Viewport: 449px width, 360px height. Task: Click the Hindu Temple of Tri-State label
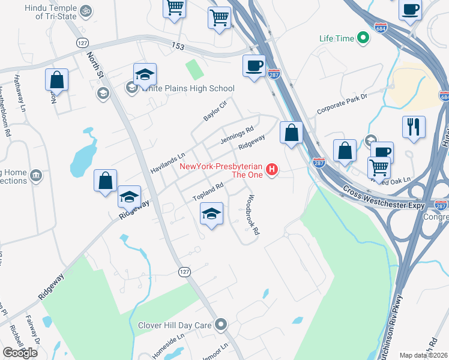coord(51,13)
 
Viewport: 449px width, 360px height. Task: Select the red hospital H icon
coord(272,170)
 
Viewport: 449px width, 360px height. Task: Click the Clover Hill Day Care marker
coord(221,325)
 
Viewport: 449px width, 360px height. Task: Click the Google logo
coord(20,353)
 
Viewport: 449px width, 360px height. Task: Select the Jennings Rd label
coord(237,135)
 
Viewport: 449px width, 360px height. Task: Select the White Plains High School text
coord(187,89)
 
